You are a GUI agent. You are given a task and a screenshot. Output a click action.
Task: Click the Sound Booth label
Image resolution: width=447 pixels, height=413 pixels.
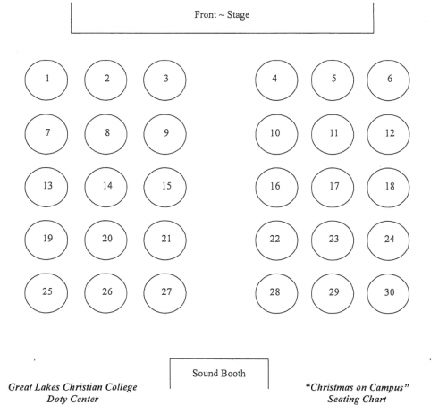tap(219, 374)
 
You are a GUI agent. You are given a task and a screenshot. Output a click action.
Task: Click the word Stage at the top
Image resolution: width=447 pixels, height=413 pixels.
tap(238, 15)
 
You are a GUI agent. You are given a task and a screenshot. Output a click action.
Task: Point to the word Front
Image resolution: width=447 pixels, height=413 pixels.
tap(206, 14)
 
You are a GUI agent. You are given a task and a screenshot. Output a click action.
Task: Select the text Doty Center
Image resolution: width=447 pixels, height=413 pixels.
tap(72, 400)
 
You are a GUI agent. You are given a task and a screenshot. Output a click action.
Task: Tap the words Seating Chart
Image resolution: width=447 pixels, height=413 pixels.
tap(357, 400)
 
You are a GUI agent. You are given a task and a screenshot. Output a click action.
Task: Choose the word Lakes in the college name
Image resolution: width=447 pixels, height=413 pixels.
tap(48, 387)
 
